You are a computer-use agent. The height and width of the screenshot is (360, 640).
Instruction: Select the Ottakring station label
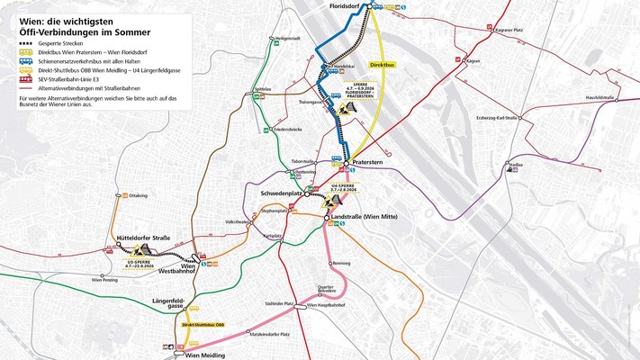139,195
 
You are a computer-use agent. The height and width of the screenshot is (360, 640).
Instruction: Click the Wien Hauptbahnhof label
327,307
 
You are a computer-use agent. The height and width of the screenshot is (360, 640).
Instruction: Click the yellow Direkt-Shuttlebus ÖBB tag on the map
203,324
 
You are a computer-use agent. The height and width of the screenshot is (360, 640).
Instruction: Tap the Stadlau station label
515,166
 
